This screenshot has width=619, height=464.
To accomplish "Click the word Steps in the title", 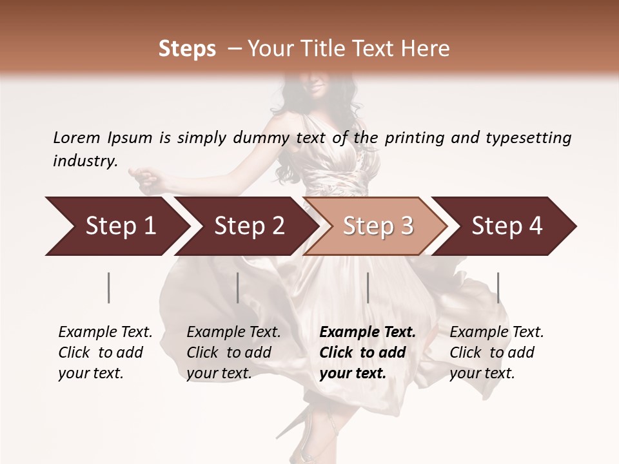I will point(187,49).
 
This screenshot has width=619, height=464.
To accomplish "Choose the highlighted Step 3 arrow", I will point(378,226).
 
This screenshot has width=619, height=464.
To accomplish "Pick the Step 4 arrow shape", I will point(507,226).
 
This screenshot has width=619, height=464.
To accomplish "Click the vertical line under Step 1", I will point(109,287).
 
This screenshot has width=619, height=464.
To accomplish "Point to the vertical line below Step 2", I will point(238,287).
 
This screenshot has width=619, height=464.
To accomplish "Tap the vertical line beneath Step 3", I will point(368,287).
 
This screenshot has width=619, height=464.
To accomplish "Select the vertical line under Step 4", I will point(498,287).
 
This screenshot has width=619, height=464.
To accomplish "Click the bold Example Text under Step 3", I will point(368,333).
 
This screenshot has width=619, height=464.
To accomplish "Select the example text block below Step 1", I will point(104,353).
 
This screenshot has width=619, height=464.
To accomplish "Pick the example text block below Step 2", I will point(233,353).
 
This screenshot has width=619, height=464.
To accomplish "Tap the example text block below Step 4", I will point(496,353).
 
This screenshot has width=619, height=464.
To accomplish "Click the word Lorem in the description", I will point(77,137).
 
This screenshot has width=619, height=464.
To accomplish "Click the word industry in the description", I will point(84,161).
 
